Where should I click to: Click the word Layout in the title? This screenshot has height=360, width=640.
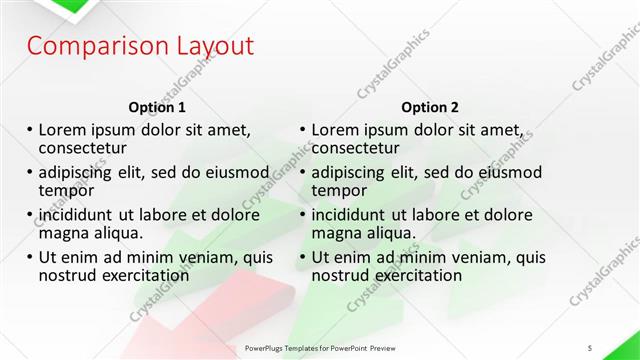coord(208,47)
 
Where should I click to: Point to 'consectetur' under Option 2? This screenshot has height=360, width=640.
coord(355,148)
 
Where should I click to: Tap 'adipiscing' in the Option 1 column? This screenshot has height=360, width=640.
coord(79,172)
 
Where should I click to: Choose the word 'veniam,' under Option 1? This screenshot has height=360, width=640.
coord(213,256)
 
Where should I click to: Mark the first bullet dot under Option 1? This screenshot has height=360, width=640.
coord(30,130)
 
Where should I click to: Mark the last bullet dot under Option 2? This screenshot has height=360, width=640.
coord(303,257)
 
